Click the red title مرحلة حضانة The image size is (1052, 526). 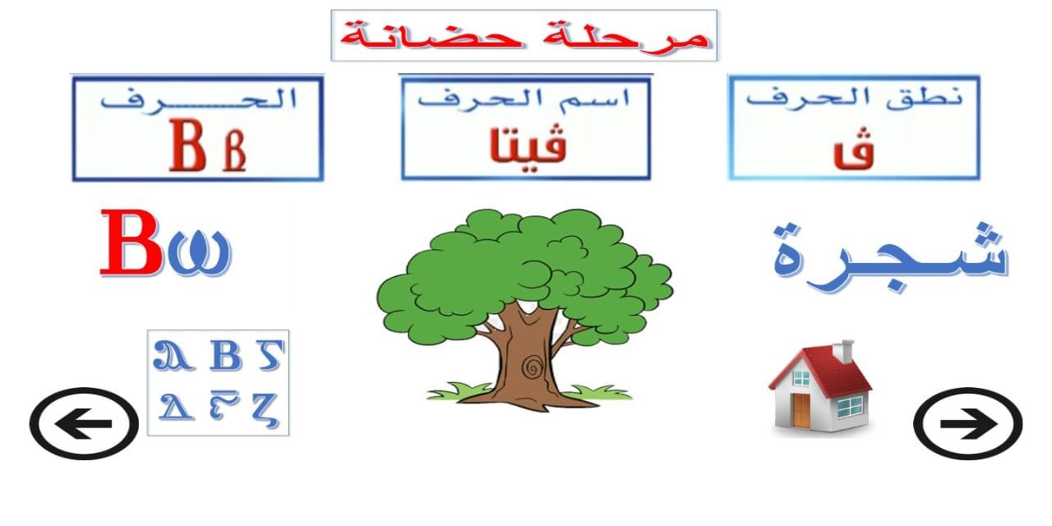(x=524, y=35)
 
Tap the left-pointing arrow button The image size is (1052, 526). (x=84, y=423)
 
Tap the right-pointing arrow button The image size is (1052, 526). (x=968, y=423)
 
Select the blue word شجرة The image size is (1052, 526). (x=890, y=256)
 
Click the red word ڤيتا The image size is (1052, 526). (x=528, y=144)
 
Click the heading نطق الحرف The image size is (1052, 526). (x=854, y=99)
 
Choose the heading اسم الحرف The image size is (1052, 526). (x=524, y=99)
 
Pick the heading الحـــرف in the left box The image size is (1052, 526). (x=198, y=99)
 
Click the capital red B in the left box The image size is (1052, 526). (x=187, y=145)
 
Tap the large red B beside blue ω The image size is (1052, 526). (x=132, y=242)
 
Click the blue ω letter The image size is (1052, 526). (x=200, y=252)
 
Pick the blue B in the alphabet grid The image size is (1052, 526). (x=225, y=356)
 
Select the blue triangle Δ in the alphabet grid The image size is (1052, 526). (x=176, y=406)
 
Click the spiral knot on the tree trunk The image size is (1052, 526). (x=532, y=367)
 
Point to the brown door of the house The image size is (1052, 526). (x=801, y=410)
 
